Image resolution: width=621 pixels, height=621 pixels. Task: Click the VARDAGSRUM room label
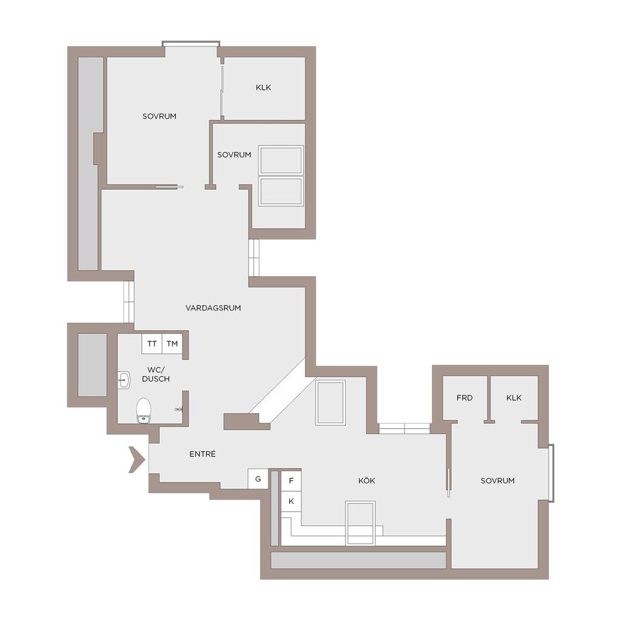(x=213, y=307)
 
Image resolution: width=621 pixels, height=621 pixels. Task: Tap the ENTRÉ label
(x=203, y=454)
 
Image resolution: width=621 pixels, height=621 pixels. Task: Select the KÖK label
(x=366, y=480)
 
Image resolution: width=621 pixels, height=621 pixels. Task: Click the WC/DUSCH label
(x=156, y=374)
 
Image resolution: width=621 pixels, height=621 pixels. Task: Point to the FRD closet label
(x=465, y=398)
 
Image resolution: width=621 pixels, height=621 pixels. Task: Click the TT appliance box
(x=152, y=344)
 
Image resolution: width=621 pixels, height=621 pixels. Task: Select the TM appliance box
(x=172, y=344)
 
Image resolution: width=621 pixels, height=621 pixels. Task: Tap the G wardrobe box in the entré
(x=258, y=479)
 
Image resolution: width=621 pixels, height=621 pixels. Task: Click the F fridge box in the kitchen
(x=291, y=481)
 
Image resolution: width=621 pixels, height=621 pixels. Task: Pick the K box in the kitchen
(x=291, y=502)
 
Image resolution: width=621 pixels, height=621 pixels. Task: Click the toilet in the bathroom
(x=143, y=411)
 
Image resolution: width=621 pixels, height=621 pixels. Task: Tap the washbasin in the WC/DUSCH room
(x=124, y=380)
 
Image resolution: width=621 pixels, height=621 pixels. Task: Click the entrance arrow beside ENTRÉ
(x=137, y=460)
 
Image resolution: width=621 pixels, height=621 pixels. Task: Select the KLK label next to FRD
(x=514, y=398)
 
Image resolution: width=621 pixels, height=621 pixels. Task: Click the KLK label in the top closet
(x=263, y=87)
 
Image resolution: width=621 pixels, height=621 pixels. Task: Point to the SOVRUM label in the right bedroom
(x=497, y=481)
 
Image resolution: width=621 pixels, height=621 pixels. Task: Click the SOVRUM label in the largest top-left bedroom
(x=159, y=116)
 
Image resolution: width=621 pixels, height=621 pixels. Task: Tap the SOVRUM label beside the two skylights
(x=234, y=155)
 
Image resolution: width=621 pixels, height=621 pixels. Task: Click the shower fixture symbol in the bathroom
(x=179, y=409)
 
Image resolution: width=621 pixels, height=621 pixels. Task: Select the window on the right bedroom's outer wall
(x=551, y=473)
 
